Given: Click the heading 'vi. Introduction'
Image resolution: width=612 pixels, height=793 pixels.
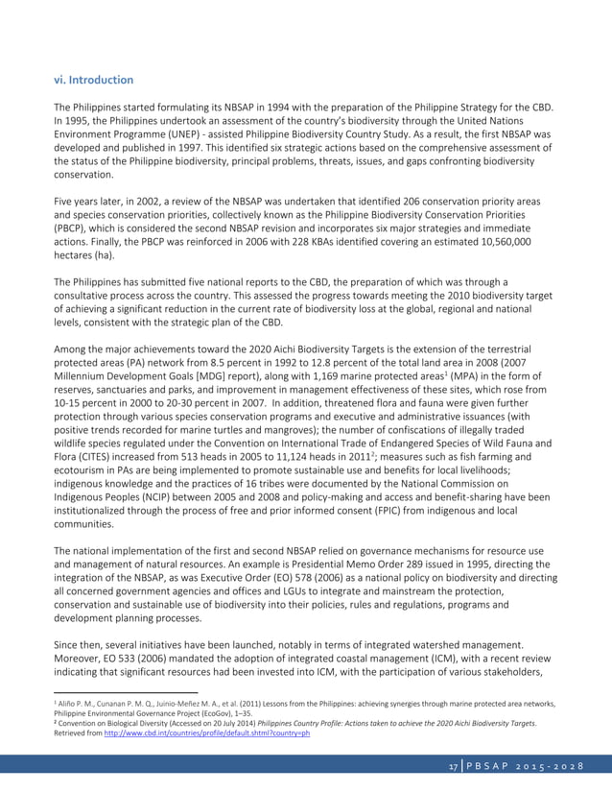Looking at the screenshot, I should (x=93, y=80).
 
